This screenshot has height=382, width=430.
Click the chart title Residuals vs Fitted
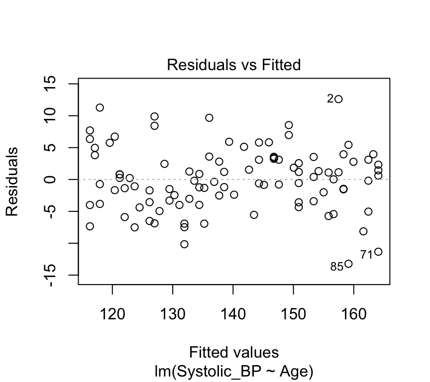click(x=233, y=65)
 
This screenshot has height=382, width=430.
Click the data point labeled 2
click(x=338, y=99)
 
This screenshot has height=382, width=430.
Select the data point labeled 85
click(x=348, y=264)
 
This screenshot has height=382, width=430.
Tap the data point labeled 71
click(x=378, y=252)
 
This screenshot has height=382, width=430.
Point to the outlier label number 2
click(x=330, y=99)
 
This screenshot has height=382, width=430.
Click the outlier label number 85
click(x=336, y=267)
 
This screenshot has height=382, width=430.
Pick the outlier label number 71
click(x=366, y=255)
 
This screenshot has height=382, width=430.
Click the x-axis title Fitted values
click(x=233, y=352)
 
